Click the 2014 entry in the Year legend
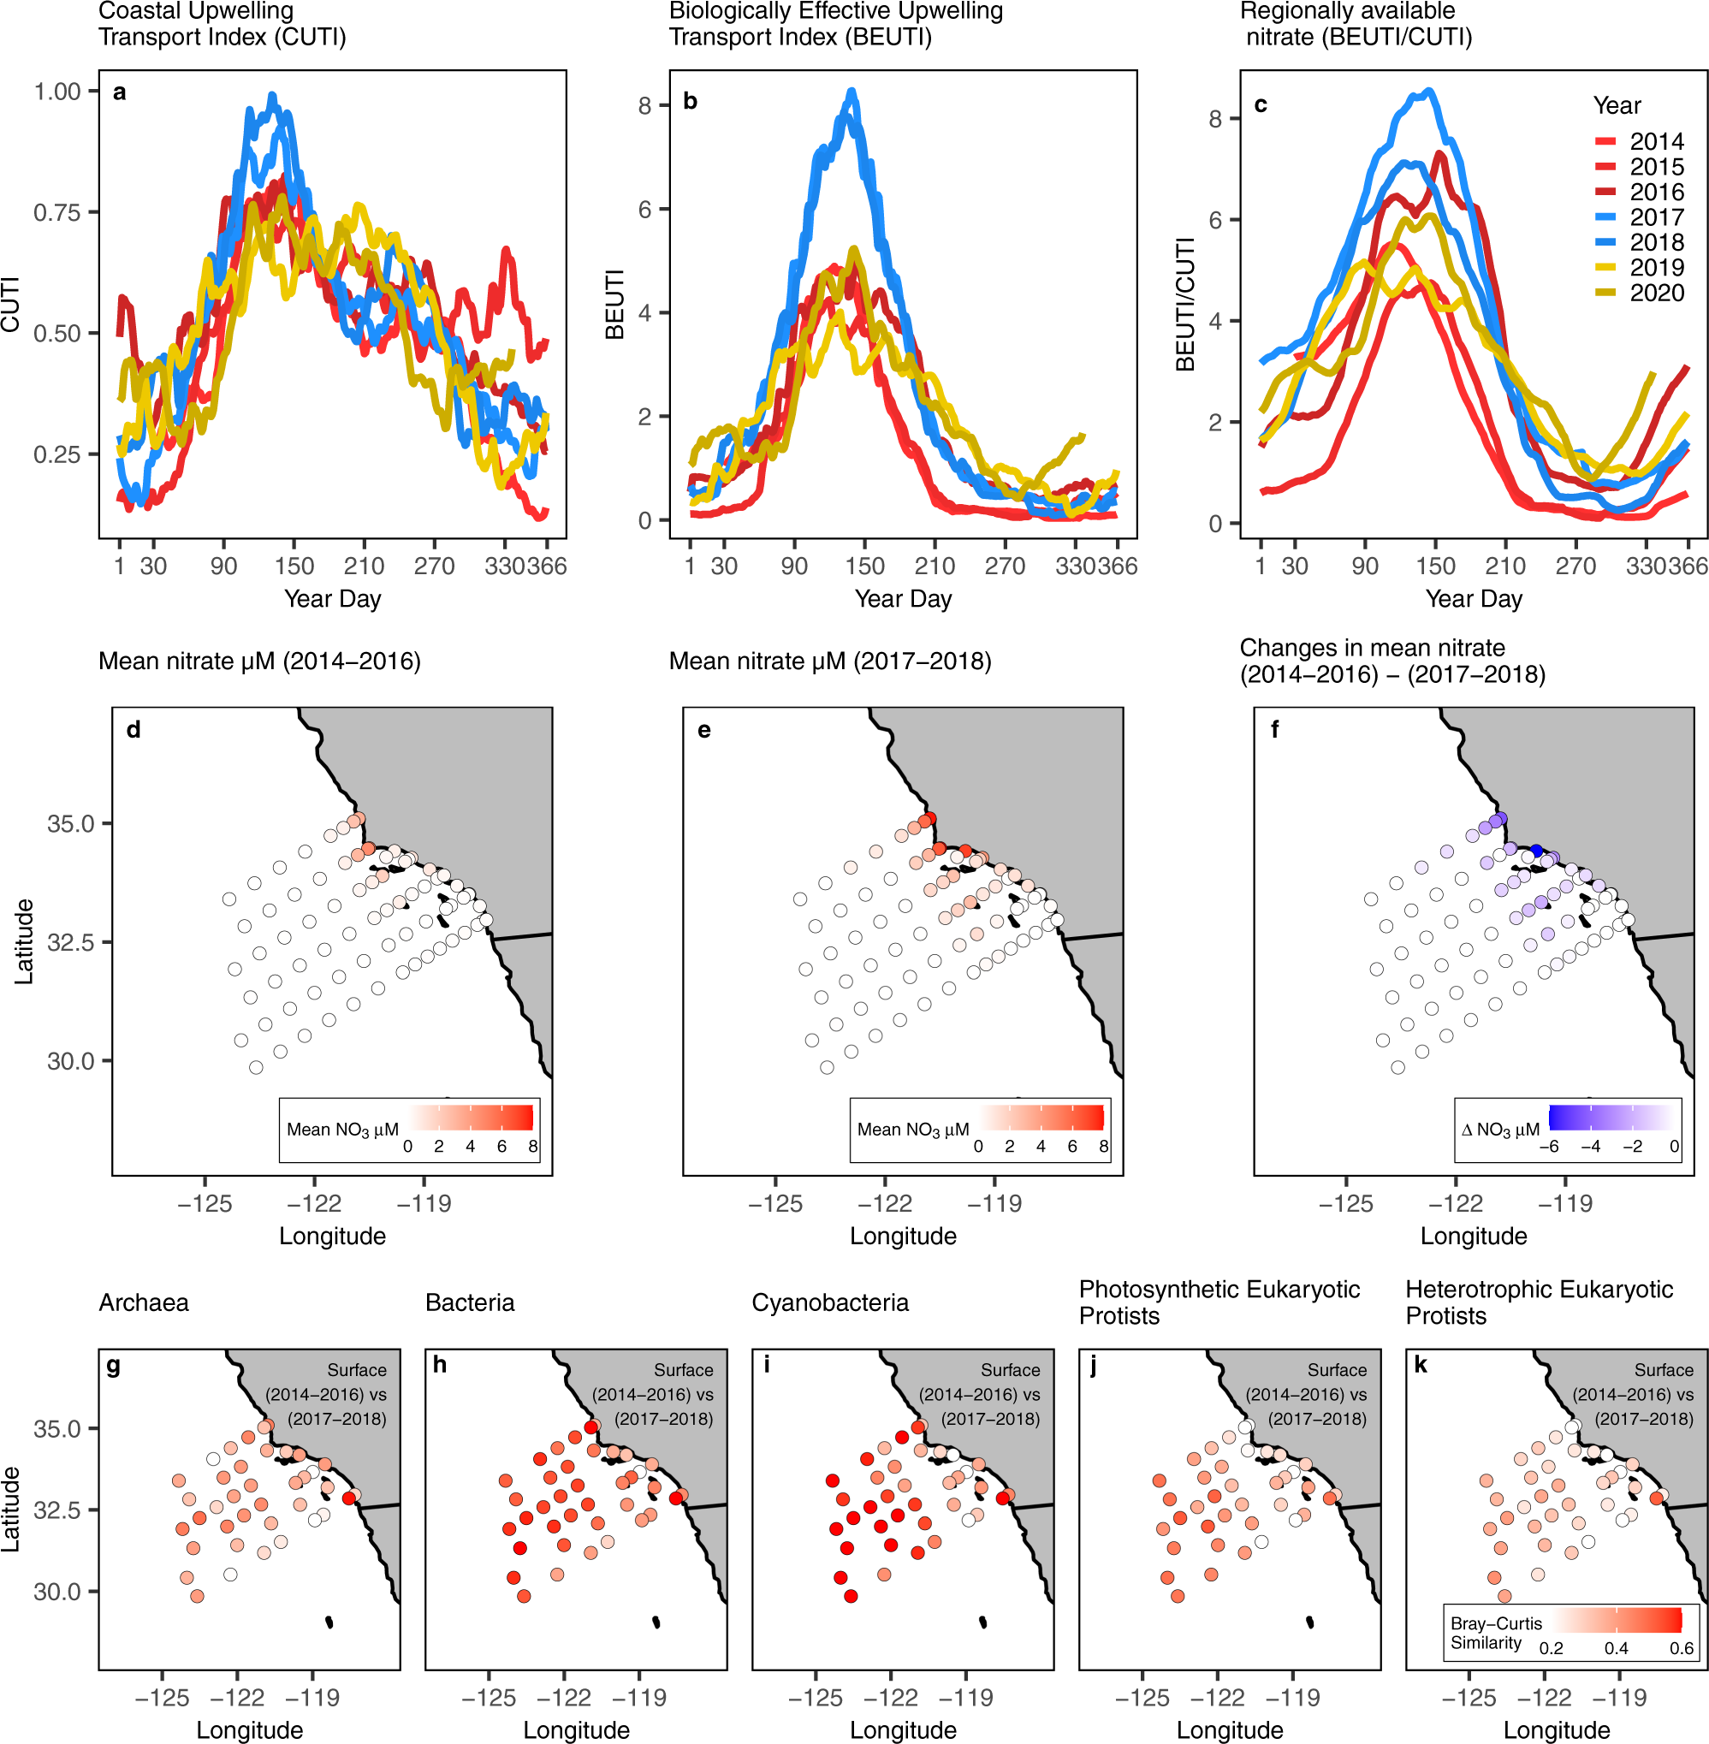(1655, 142)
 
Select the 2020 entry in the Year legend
(1655, 293)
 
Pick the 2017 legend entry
(1655, 217)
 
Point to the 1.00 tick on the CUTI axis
(57, 92)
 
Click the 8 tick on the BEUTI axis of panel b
(644, 106)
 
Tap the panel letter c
(1261, 105)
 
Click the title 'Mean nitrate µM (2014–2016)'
(259, 661)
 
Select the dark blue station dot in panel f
(1536, 850)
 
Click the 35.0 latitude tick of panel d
(70, 824)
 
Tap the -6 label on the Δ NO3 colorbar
(1548, 1146)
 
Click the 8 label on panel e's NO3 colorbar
(1103, 1146)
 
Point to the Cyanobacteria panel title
(829, 1302)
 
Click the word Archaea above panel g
(144, 1302)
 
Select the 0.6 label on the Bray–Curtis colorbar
(1681, 1648)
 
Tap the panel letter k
(1420, 1365)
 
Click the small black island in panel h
(656, 1621)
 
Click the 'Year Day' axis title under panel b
(902, 599)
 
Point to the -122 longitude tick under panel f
(1455, 1204)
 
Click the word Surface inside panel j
(1336, 1370)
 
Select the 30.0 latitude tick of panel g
(56, 1592)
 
